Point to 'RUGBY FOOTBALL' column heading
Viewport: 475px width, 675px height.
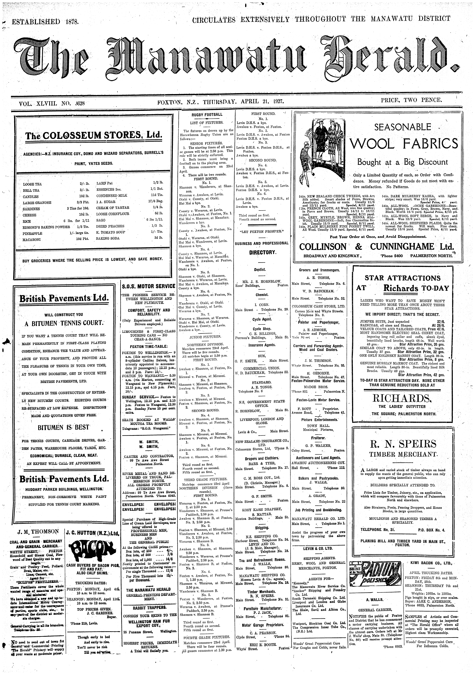point(207,115)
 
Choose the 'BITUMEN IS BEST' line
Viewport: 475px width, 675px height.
point(63,427)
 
